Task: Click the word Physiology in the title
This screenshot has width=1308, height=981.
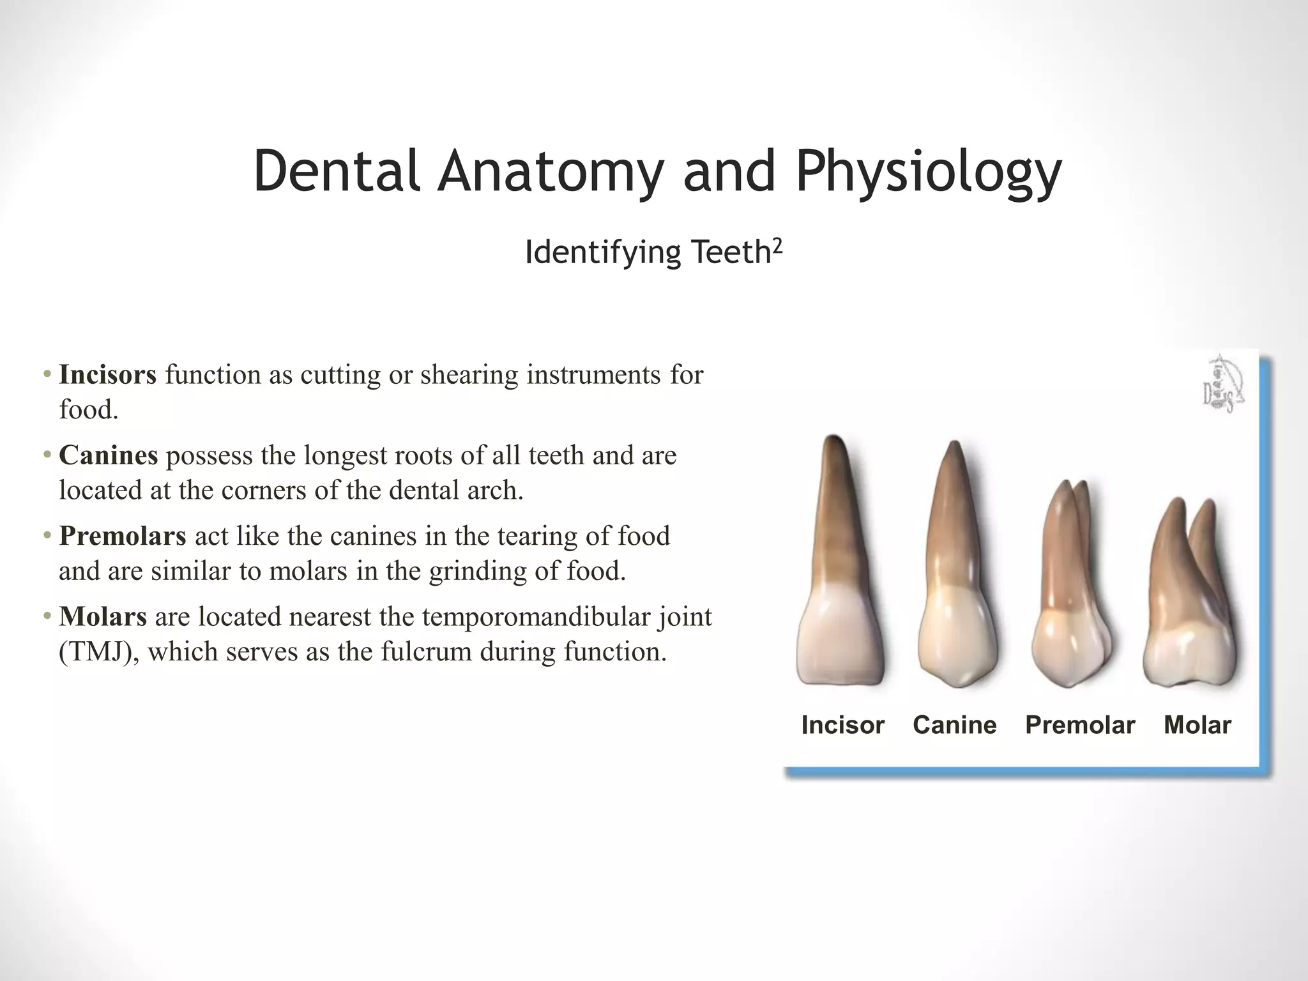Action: [x=928, y=171]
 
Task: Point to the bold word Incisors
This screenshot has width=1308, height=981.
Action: [x=107, y=374]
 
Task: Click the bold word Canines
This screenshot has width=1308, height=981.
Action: [x=108, y=455]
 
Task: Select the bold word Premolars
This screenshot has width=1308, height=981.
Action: [x=122, y=536]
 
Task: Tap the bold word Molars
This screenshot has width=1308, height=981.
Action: [x=103, y=617]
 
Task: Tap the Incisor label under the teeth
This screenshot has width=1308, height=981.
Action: [x=842, y=725]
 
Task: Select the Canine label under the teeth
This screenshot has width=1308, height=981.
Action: [x=954, y=725]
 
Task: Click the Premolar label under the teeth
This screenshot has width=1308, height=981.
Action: [x=1079, y=725]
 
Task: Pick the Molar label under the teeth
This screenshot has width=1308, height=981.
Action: [x=1197, y=725]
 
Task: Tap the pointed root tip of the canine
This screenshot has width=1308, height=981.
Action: [x=954, y=447]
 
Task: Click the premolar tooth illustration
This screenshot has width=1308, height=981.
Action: [x=1067, y=588]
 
